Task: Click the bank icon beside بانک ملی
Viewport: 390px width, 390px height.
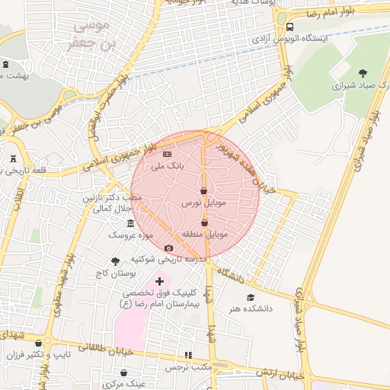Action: click(x=167, y=155)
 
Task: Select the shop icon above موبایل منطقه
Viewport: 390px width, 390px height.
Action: click(x=203, y=222)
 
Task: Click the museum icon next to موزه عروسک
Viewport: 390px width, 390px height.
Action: click(x=131, y=224)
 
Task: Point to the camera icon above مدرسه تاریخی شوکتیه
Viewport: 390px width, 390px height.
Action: click(x=168, y=248)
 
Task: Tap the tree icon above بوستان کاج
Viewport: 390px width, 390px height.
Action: click(x=115, y=261)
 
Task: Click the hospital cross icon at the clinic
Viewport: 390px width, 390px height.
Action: click(x=159, y=282)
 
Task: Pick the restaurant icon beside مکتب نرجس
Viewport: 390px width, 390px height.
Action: click(x=188, y=355)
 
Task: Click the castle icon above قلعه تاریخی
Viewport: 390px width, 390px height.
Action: click(x=14, y=158)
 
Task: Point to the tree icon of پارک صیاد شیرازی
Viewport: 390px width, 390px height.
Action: click(x=362, y=74)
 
